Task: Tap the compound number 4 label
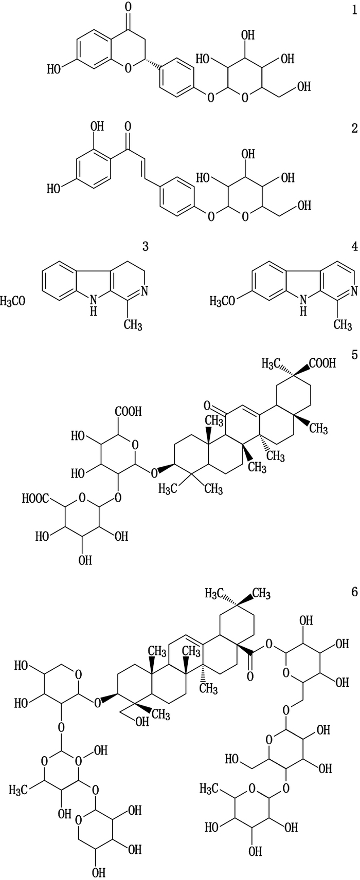pyautogui.click(x=354, y=247)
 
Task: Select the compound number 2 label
pyautogui.click(x=354, y=129)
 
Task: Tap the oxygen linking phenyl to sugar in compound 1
pyautogui.click(x=209, y=97)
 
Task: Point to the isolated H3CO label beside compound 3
pyautogui.click(x=12, y=301)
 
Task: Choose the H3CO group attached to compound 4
pyautogui.click(x=225, y=301)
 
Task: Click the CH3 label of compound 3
pyautogui.click(x=133, y=325)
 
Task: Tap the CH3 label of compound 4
pyautogui.click(x=342, y=325)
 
